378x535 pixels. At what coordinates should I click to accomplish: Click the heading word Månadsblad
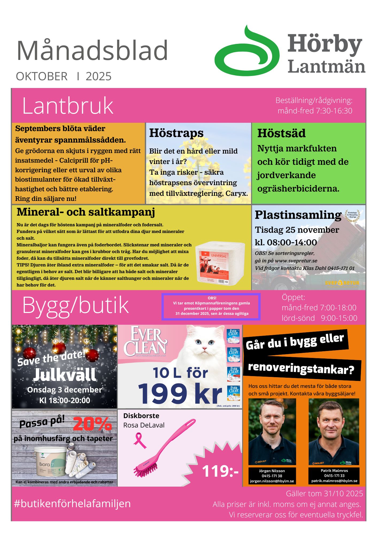(x=92, y=51)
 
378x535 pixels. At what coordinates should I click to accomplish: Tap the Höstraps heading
(x=176, y=133)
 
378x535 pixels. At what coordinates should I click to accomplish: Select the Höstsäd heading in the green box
(x=281, y=133)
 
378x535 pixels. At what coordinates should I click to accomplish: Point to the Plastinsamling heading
(x=298, y=215)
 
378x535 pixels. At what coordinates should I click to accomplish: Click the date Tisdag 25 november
(x=297, y=230)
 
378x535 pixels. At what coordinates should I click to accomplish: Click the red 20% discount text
(x=92, y=424)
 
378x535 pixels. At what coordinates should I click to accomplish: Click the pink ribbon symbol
(x=140, y=441)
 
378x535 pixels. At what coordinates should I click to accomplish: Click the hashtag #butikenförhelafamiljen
(x=72, y=503)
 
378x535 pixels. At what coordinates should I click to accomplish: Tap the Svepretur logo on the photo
(x=342, y=283)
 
